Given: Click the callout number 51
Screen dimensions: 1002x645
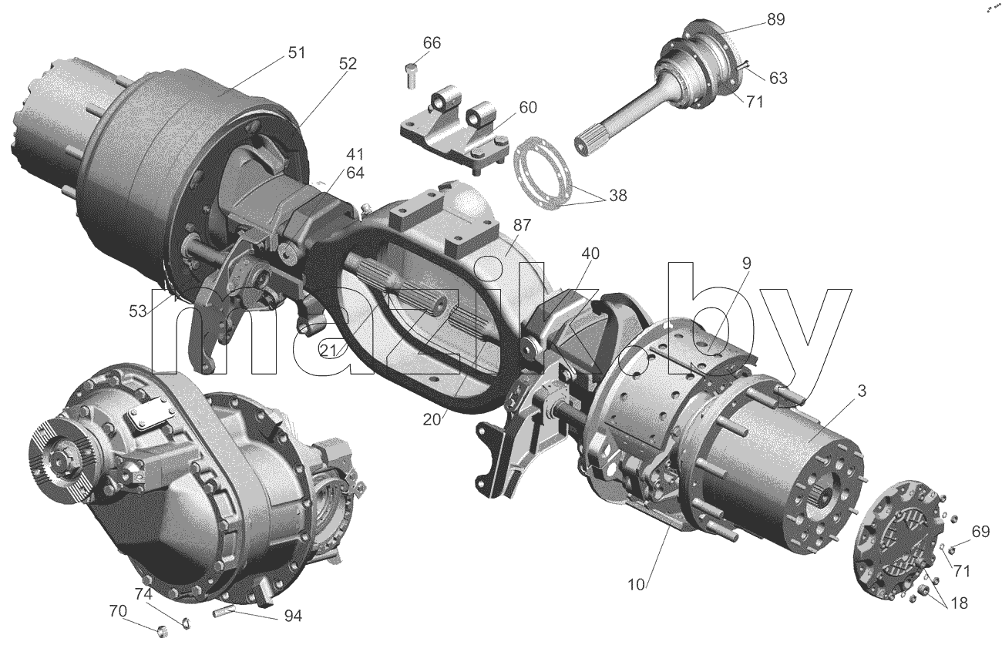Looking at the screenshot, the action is [296, 52].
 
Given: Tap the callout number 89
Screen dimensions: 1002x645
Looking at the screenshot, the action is [775, 20].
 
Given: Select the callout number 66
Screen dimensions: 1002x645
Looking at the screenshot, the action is [432, 43].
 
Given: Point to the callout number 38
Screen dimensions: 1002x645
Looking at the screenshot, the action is [617, 196].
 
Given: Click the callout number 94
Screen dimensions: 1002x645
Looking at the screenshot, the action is [293, 616].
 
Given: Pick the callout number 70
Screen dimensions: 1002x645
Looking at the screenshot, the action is [118, 611].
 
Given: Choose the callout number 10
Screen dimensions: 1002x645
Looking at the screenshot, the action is [636, 585].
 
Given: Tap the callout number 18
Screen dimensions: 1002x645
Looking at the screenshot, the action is [959, 603].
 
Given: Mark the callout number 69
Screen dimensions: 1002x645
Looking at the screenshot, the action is [980, 532].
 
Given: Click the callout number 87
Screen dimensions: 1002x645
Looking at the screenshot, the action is [522, 225].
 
